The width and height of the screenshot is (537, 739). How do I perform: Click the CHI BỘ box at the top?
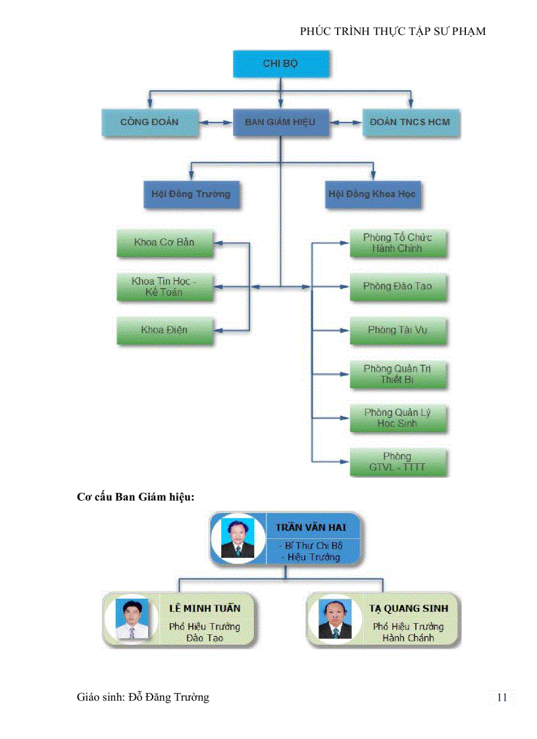coord(281,64)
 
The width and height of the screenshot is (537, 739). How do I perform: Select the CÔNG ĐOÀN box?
coord(149,122)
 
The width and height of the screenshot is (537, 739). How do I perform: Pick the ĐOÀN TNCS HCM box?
coord(411,122)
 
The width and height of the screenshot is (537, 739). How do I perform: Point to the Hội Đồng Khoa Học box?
coord(372,194)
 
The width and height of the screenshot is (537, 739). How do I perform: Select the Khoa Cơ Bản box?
coord(165,243)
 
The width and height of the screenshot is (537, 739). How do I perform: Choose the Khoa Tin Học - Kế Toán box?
coord(165,287)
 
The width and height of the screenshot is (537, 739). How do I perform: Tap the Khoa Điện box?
coord(165,330)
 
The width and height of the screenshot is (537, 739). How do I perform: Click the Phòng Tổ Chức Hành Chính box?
coord(397,243)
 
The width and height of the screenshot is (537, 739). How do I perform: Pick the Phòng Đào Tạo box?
coord(397,287)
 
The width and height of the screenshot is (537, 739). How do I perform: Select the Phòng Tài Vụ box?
coord(397,330)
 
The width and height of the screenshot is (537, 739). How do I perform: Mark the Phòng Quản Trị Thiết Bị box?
coord(397,374)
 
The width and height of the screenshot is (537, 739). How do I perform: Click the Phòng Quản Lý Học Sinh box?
coord(397,418)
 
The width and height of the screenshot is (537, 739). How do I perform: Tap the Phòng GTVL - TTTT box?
coord(397,462)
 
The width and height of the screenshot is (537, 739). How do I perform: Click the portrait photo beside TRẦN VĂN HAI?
coord(237,538)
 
